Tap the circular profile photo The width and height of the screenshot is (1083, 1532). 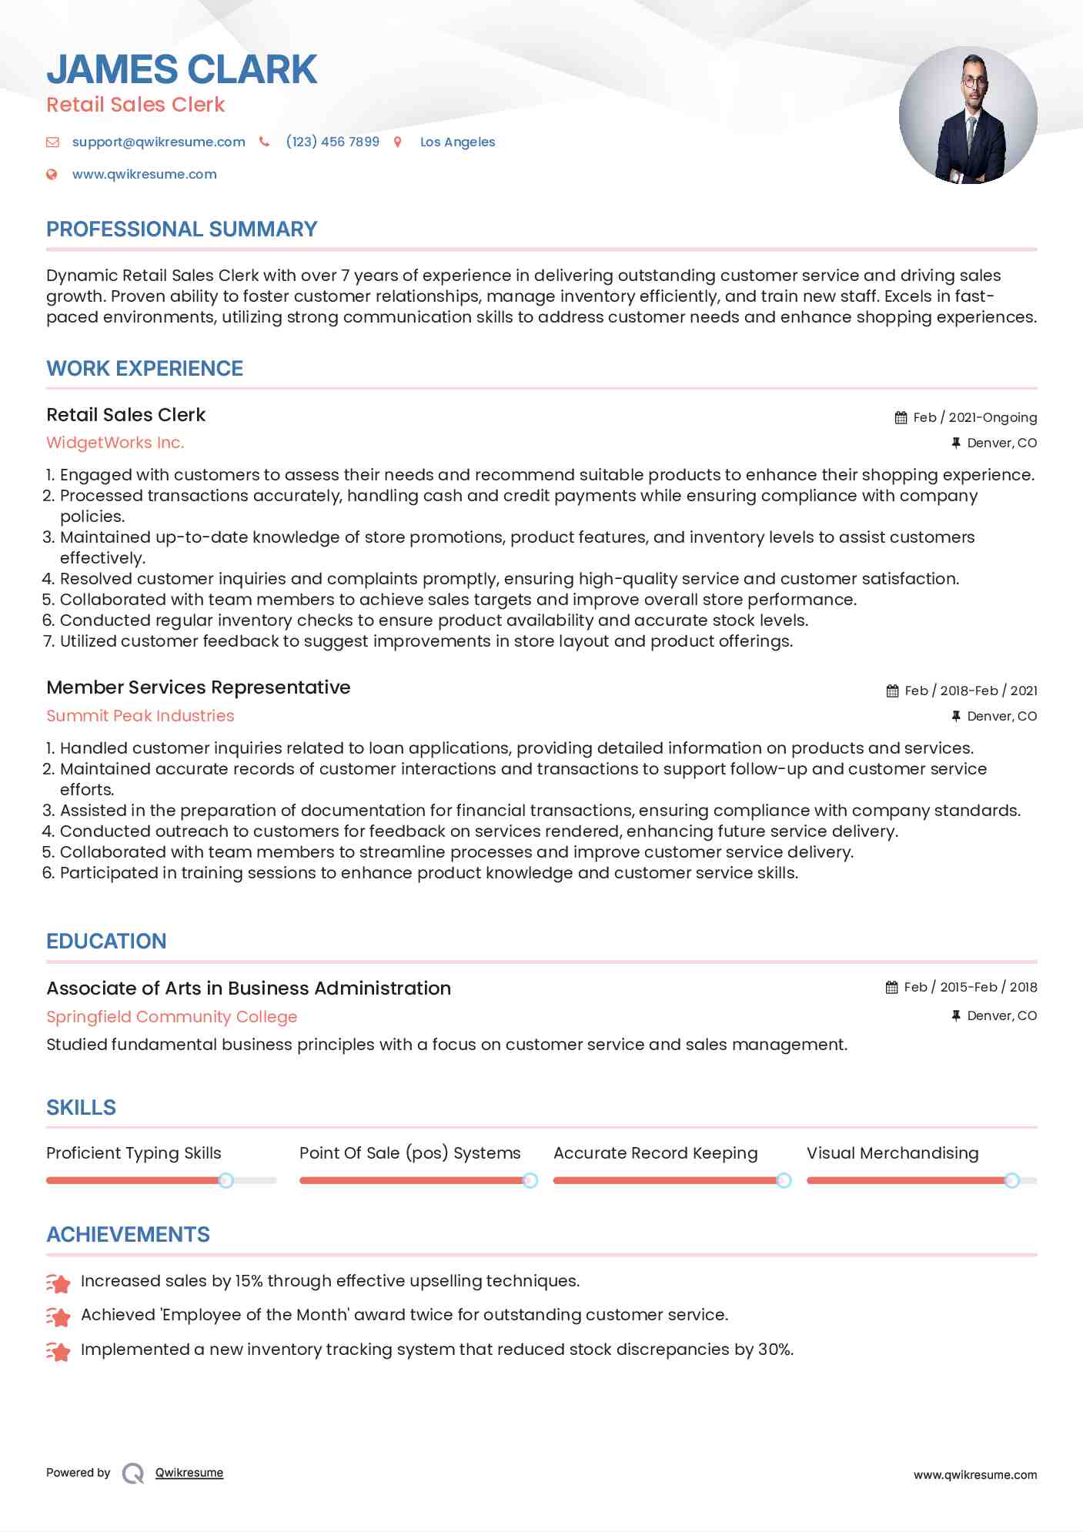click(x=968, y=115)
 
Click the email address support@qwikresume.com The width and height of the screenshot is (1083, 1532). click(x=159, y=142)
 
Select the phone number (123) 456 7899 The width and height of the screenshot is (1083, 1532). click(x=333, y=142)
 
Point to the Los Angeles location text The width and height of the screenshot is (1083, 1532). click(x=457, y=142)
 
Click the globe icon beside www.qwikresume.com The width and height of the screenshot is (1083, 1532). click(x=52, y=174)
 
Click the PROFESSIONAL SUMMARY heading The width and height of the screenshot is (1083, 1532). click(x=182, y=229)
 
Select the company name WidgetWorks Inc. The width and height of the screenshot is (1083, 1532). click(x=115, y=443)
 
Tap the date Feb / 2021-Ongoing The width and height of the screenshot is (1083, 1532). click(x=974, y=417)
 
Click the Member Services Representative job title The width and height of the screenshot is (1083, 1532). click(x=198, y=687)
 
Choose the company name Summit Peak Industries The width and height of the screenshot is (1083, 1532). click(x=140, y=716)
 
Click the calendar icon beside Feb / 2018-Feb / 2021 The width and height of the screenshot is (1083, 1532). click(x=892, y=691)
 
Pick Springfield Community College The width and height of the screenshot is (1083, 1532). click(x=172, y=1017)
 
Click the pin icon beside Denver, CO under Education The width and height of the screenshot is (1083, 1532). click(x=955, y=1015)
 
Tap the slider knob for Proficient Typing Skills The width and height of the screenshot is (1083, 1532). click(x=226, y=1180)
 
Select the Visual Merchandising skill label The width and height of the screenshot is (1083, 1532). click(x=892, y=1153)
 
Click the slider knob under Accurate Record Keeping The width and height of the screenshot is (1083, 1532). click(x=784, y=1180)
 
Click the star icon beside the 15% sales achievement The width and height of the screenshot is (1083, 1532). click(x=58, y=1283)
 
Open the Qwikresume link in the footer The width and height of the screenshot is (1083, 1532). click(x=189, y=1473)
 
